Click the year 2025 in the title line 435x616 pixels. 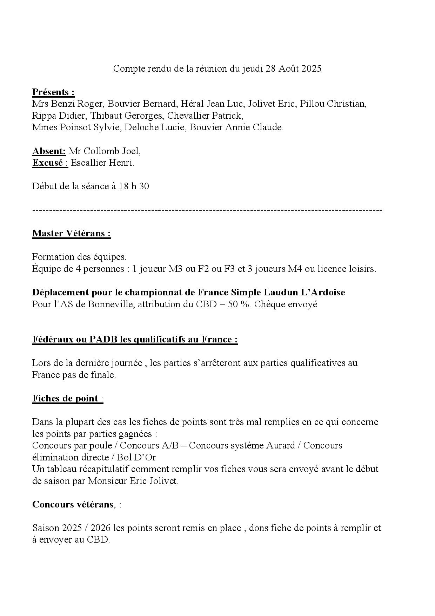pyautogui.click(x=311, y=69)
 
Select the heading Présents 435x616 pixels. pyautogui.click(x=53, y=92)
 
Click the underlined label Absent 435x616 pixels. pyautogui.click(x=49, y=151)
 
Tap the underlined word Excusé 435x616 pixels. pyautogui.click(x=48, y=163)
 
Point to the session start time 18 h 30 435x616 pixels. pyautogui.click(x=134, y=186)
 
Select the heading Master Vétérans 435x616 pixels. pyautogui.click(x=71, y=234)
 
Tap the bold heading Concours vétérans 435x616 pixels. pyautogui.click(x=73, y=505)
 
